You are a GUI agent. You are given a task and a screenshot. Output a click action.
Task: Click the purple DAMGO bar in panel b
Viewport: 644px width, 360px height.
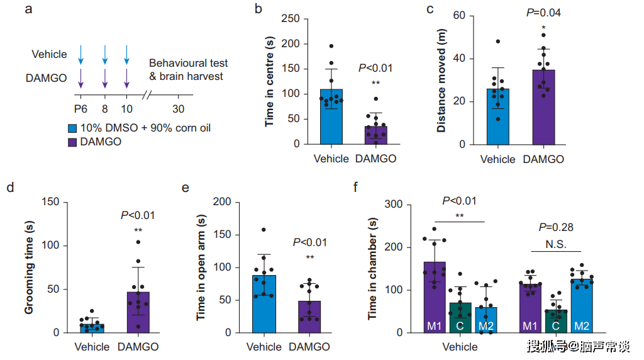point(375,135)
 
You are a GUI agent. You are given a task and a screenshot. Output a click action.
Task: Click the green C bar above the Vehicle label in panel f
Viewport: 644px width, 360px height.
point(460,317)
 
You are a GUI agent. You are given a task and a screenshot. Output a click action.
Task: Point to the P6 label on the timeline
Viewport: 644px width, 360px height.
point(80,109)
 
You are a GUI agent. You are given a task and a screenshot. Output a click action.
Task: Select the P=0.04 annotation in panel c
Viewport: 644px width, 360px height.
point(543,13)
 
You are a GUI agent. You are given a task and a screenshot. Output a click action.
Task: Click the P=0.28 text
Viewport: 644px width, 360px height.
point(557,228)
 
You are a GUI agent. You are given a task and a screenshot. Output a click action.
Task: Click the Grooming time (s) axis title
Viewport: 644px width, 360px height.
point(30,267)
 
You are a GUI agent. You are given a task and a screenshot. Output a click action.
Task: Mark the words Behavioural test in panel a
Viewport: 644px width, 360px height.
point(188,64)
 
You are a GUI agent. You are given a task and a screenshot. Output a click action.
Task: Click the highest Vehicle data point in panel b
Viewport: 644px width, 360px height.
point(331,47)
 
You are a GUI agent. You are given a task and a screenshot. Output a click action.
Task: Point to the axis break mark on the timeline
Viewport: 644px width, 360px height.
point(147,96)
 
